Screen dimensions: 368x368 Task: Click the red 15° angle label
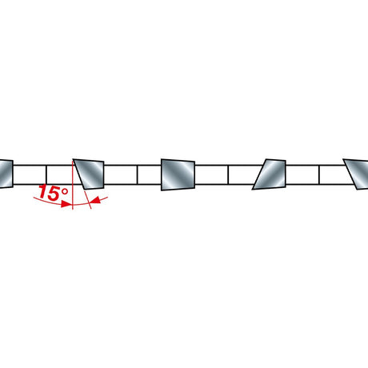[x=54, y=193]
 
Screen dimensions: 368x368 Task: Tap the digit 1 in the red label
[x=42, y=192]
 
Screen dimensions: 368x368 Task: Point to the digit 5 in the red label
[x=54, y=194]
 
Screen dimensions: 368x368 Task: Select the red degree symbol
[x=64, y=192]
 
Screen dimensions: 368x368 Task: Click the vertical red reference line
[x=73, y=185]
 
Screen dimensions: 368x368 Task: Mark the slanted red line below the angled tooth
[x=88, y=199]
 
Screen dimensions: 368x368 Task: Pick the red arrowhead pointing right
[x=66, y=204]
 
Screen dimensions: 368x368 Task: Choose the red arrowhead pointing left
[x=95, y=200]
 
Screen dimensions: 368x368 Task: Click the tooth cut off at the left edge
[x=6, y=174]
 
